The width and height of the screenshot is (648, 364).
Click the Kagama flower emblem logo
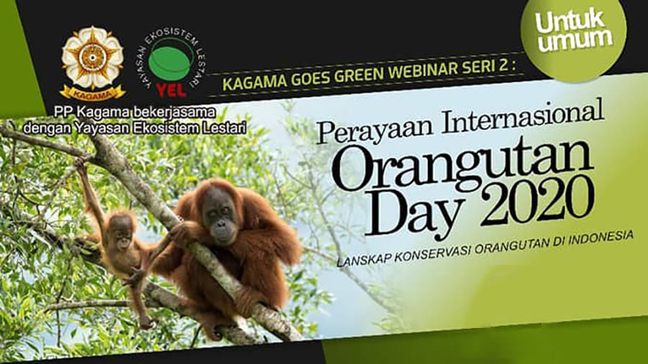point(93,63)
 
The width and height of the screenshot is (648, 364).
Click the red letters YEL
point(171,90)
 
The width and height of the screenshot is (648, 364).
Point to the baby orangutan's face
point(122,233)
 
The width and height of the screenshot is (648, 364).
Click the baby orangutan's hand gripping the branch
point(80,164)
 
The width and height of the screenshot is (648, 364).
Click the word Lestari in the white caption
point(225,128)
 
